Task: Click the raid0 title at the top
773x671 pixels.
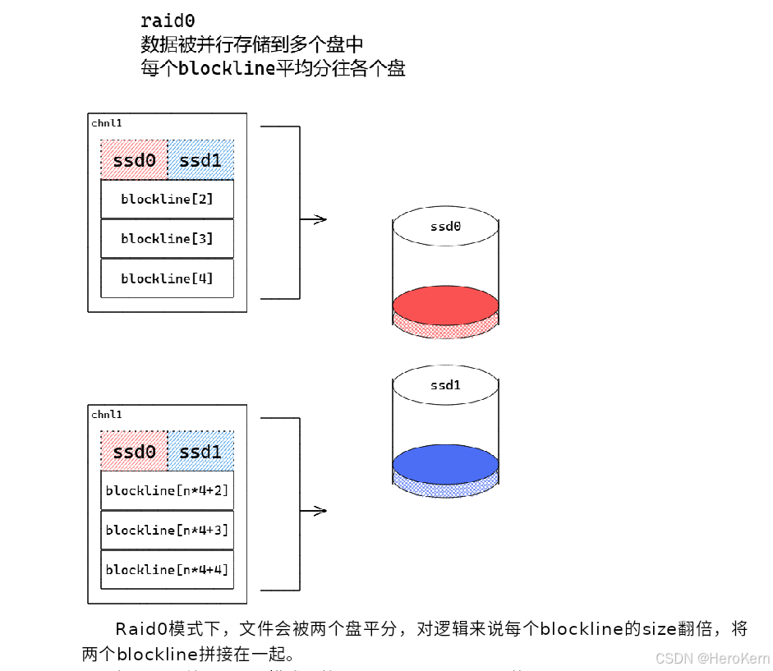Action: coord(168,21)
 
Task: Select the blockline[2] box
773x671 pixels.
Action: coord(167,199)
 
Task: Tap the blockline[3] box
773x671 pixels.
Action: coord(167,238)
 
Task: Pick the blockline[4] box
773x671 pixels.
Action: coord(167,278)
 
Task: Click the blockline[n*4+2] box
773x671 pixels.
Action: coord(167,490)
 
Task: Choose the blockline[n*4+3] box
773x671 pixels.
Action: coord(167,530)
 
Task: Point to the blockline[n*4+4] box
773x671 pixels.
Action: coord(167,569)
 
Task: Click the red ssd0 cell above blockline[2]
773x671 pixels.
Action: coord(134,159)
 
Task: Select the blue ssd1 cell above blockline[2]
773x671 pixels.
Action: coord(200,159)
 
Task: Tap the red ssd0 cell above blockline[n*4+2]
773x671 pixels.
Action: coord(134,451)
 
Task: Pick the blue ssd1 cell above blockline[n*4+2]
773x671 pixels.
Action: coord(200,451)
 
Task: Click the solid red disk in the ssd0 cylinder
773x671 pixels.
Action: coord(445,305)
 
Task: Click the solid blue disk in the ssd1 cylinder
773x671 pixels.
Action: coord(445,464)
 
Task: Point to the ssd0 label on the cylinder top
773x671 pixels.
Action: coord(445,227)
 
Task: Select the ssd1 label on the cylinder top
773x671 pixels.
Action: coord(445,385)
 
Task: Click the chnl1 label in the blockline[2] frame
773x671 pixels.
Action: coord(107,123)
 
